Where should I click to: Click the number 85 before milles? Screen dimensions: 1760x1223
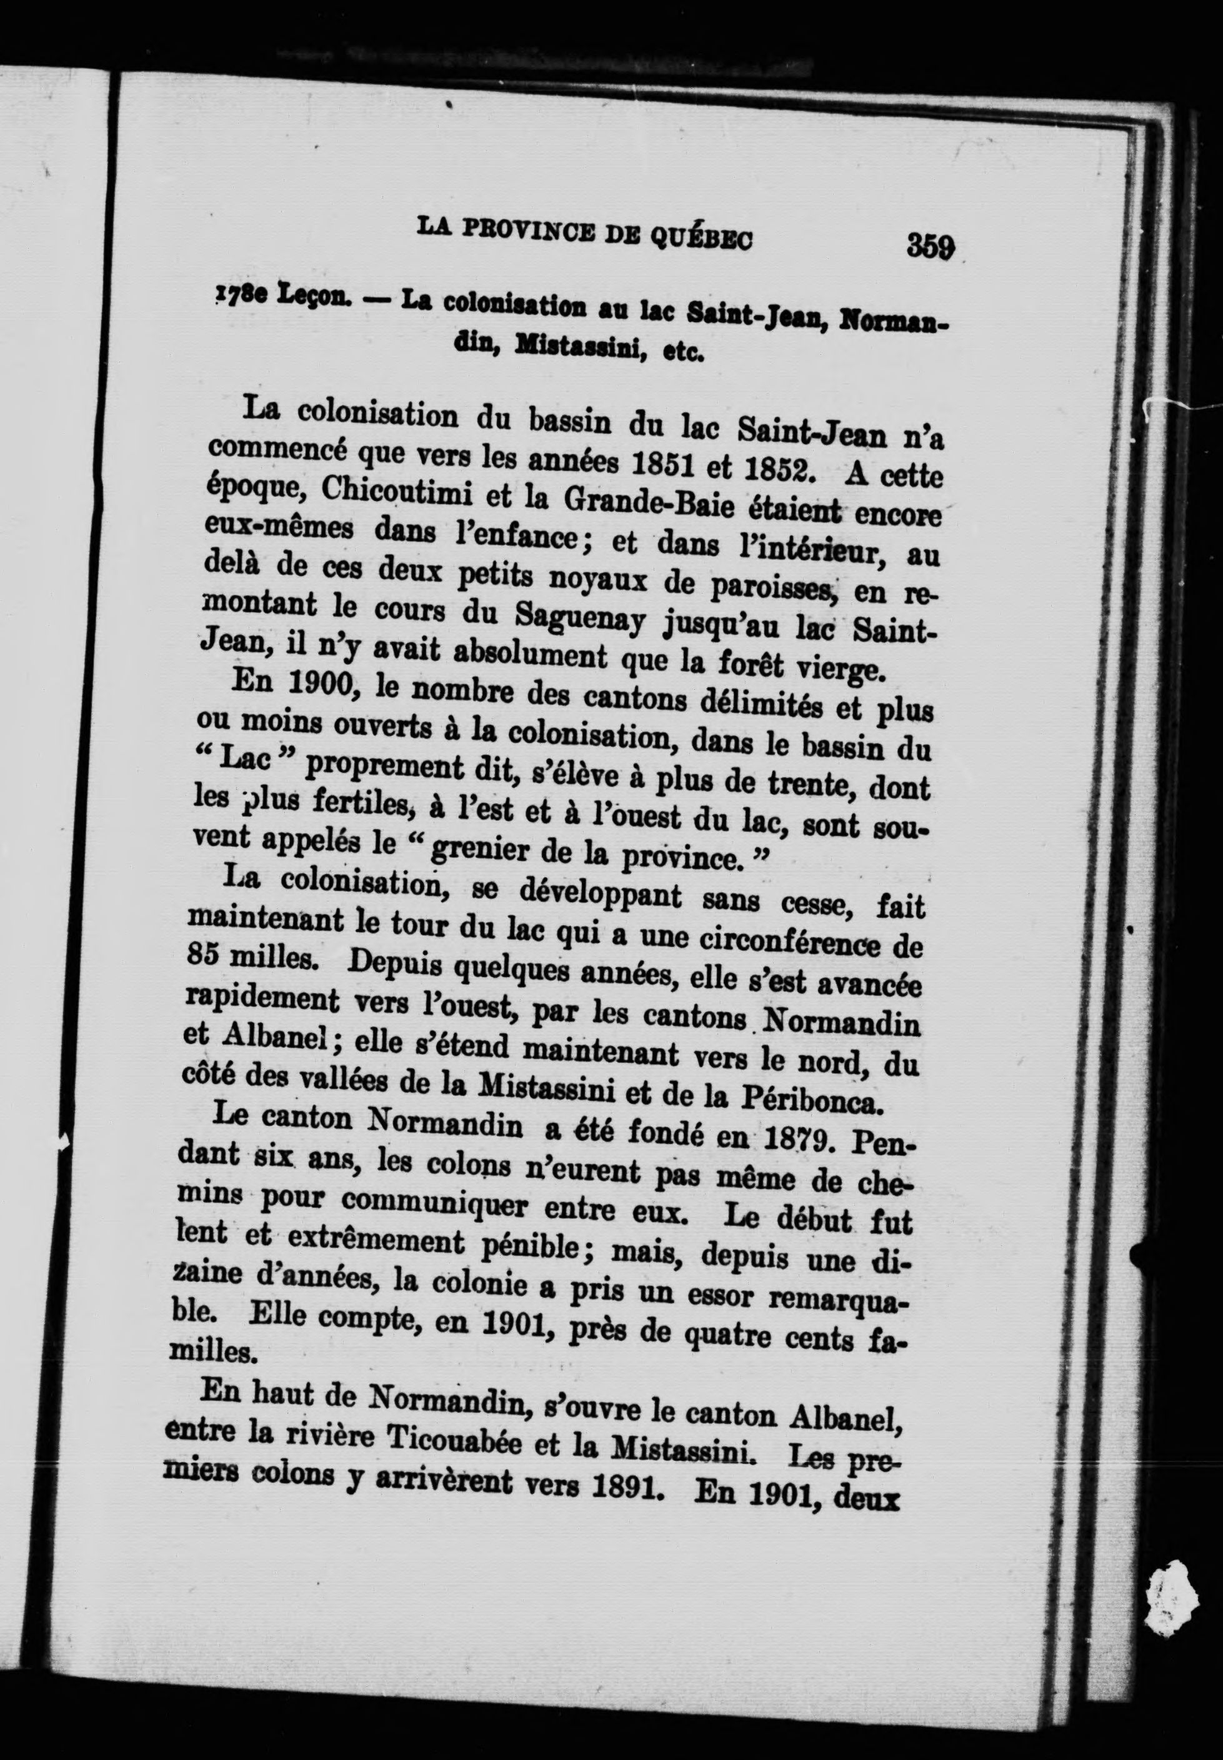(203, 957)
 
